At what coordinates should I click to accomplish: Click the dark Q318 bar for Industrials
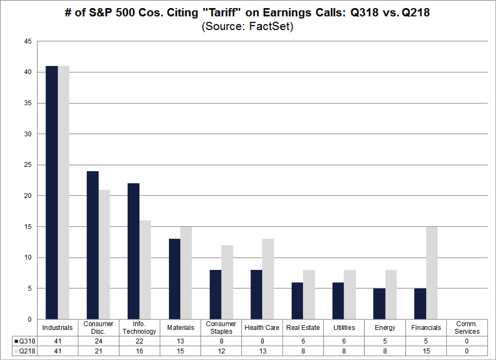(x=52, y=193)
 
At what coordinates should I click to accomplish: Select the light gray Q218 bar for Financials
(x=432, y=273)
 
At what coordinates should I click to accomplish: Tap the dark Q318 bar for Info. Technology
(x=134, y=252)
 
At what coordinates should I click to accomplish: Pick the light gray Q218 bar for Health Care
(x=269, y=279)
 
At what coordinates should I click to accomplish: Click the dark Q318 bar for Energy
(x=379, y=304)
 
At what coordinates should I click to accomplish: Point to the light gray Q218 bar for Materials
(x=186, y=273)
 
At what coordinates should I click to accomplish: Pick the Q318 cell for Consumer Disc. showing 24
(x=99, y=340)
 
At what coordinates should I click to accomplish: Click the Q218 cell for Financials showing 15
(x=426, y=351)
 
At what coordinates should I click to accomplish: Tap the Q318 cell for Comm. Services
(x=467, y=340)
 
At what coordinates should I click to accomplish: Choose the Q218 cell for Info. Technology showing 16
(x=139, y=351)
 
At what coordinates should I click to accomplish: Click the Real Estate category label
(x=303, y=327)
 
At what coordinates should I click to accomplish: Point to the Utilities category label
(x=344, y=327)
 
